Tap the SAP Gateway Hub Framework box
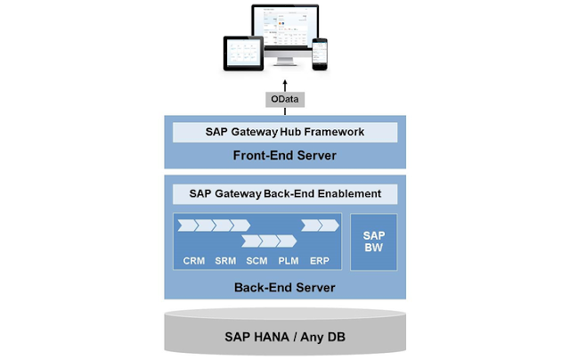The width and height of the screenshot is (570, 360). tap(285, 132)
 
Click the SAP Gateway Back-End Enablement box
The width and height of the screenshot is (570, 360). tap(285, 193)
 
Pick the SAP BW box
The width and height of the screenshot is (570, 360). tap(373, 238)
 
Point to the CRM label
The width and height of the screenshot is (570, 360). tap(194, 262)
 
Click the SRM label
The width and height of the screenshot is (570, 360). tap(225, 262)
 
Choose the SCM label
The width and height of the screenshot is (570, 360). tap(256, 262)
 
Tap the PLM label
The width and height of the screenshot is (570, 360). tap(288, 262)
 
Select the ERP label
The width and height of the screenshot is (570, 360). tap(319, 262)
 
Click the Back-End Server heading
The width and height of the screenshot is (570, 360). tap(285, 287)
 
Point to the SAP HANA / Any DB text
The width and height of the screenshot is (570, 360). tap(285, 339)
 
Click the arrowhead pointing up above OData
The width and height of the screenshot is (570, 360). tap(285, 83)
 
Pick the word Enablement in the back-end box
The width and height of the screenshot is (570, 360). tap(346, 193)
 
